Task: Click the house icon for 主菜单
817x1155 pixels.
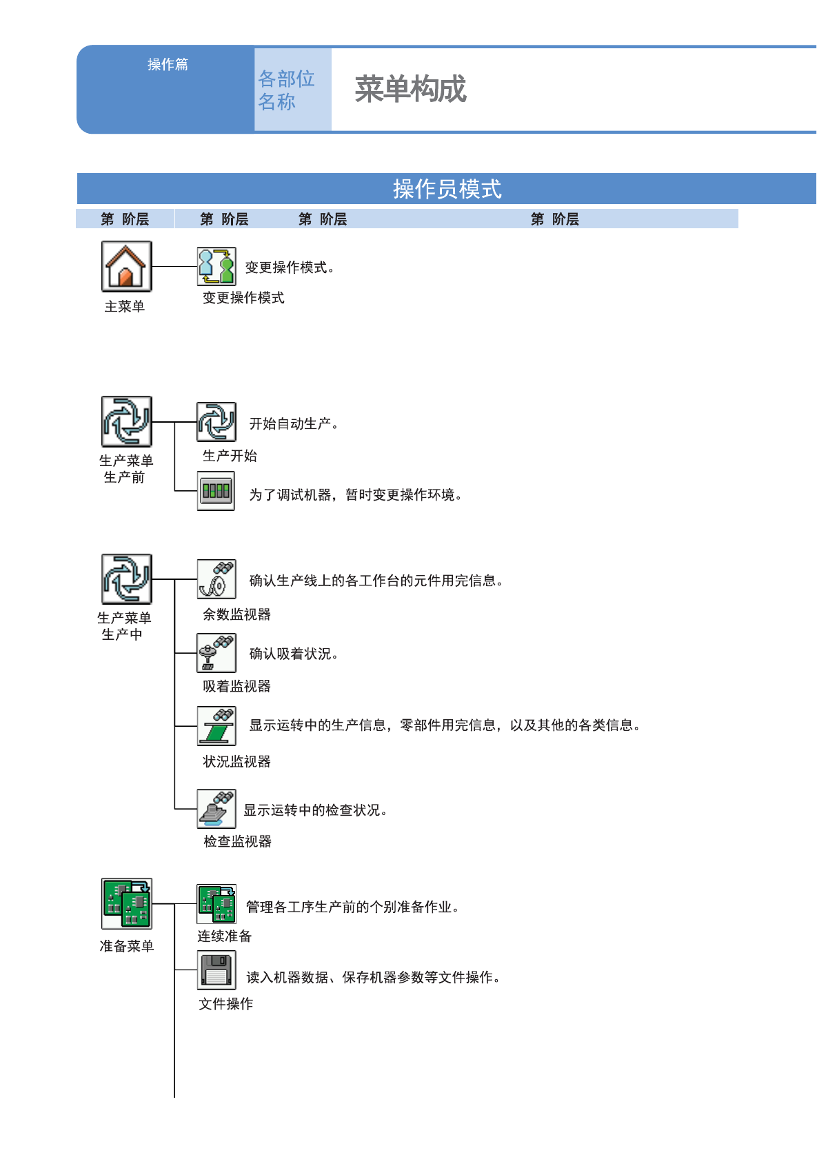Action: pyautogui.click(x=126, y=266)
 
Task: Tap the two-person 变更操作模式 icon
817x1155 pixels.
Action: pyautogui.click(x=216, y=266)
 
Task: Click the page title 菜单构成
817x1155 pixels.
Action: pyautogui.click(x=410, y=90)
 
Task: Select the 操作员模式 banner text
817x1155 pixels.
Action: pyautogui.click(x=447, y=189)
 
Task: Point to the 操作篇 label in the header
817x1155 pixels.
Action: pyautogui.click(x=168, y=65)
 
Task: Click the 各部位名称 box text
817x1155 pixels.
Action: pyautogui.click(x=286, y=90)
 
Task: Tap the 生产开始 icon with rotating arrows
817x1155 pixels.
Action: pyautogui.click(x=216, y=422)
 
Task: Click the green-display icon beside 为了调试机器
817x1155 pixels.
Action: pyautogui.click(x=216, y=491)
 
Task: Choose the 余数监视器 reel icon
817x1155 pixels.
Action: pyautogui.click(x=216, y=579)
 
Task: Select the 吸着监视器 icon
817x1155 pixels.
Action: pyautogui.click(x=216, y=653)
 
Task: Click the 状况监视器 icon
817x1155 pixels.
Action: pyautogui.click(x=216, y=726)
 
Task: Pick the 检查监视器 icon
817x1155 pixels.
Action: pyautogui.click(x=216, y=809)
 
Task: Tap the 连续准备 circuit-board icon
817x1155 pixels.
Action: pyautogui.click(x=216, y=904)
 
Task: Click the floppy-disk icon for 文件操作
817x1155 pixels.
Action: pyautogui.click(x=216, y=970)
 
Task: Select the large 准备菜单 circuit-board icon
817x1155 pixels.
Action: pyautogui.click(x=127, y=903)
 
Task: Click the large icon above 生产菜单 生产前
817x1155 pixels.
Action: pyautogui.click(x=127, y=421)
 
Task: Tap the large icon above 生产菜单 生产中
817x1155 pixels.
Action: pyautogui.click(x=127, y=579)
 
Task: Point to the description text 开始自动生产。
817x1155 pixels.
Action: pyautogui.click(x=294, y=424)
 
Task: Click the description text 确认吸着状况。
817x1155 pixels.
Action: pyautogui.click(x=294, y=654)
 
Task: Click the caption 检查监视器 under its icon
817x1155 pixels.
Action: pyautogui.click(x=237, y=841)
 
